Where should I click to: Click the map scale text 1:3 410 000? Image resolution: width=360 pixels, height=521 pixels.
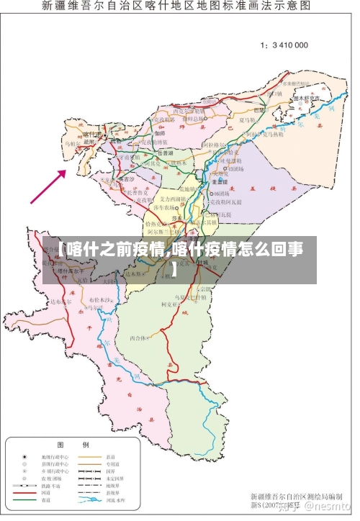pyautogui.click(x=284, y=45)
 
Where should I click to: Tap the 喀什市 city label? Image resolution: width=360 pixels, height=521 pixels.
pyautogui.click(x=91, y=135)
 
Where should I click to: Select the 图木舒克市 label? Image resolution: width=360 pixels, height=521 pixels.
pyautogui.click(x=307, y=98)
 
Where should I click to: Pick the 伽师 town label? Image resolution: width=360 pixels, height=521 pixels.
pyautogui.click(x=160, y=134)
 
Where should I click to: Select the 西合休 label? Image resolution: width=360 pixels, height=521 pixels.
pyautogui.click(x=138, y=337)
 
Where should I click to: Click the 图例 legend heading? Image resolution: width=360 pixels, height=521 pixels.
pyautogui.click(x=73, y=443)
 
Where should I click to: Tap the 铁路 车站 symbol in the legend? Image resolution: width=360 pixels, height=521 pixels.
pyautogui.click(x=24, y=487)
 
